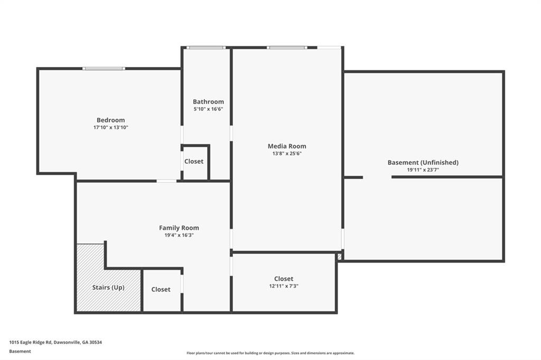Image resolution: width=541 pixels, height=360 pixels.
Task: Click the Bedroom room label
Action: pyautogui.click(x=110, y=120)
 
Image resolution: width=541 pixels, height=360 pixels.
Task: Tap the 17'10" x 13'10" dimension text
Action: pyautogui.click(x=110, y=127)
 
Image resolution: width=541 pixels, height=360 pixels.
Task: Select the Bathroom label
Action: pyautogui.click(x=208, y=101)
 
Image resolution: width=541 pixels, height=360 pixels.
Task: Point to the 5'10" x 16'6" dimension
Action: pyautogui.click(x=208, y=109)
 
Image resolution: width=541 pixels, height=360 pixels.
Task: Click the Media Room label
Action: pyautogui.click(x=287, y=146)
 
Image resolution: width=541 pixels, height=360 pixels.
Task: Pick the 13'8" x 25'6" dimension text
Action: pyautogui.click(x=287, y=154)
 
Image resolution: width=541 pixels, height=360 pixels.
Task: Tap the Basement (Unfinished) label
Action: pyautogui.click(x=423, y=163)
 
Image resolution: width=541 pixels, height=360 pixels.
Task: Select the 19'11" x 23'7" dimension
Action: pyautogui.click(x=423, y=170)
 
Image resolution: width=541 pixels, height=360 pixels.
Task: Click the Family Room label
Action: pyautogui.click(x=179, y=228)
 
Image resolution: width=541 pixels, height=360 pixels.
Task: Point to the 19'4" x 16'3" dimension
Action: pyautogui.click(x=179, y=235)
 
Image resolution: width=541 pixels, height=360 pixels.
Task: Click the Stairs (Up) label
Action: pyautogui.click(x=108, y=287)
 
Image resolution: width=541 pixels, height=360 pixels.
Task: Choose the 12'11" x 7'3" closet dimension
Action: pyautogui.click(x=284, y=286)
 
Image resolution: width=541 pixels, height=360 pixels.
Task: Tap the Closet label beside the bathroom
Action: pyautogui.click(x=194, y=162)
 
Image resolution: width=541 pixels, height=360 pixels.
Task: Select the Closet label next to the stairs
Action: pyautogui.click(x=161, y=289)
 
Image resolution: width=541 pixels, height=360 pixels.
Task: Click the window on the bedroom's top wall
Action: pyautogui.click(x=104, y=68)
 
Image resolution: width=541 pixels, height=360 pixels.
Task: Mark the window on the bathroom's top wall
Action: pyautogui.click(x=206, y=48)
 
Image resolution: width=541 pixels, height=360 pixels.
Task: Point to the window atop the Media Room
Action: pyautogui.click(x=286, y=48)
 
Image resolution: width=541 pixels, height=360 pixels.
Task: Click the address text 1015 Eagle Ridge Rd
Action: pyautogui.click(x=55, y=342)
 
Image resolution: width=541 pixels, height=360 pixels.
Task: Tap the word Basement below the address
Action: pyautogui.click(x=20, y=351)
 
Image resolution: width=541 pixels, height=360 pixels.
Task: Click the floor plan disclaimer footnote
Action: pyautogui.click(x=270, y=353)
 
